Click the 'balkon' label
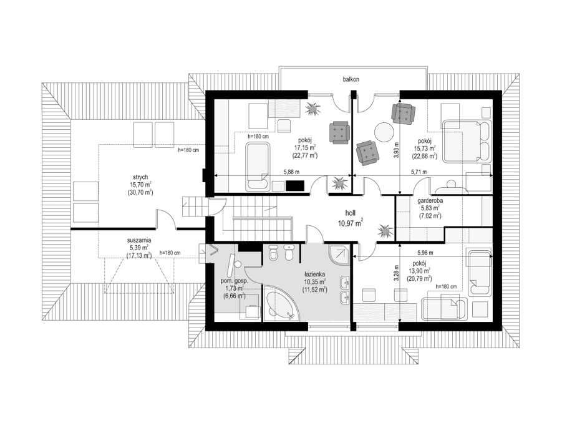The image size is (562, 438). point(351,79)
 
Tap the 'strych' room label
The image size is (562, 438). point(140,177)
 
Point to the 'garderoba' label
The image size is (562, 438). point(430,200)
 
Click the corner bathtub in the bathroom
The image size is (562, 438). point(283,304)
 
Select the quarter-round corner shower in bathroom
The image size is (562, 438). point(337,254)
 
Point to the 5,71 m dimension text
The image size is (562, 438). point(418,172)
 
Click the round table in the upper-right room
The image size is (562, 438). point(384,132)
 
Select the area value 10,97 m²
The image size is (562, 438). point(351,223)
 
